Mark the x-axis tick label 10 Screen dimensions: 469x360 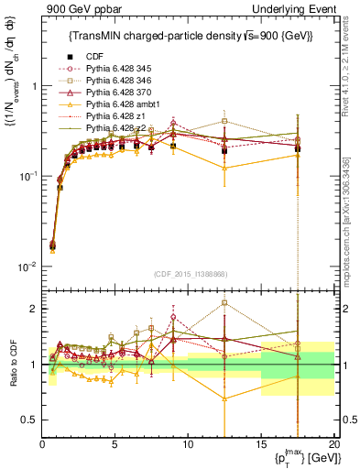click(x=188, y=445)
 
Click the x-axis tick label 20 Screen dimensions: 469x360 click(x=333, y=445)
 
